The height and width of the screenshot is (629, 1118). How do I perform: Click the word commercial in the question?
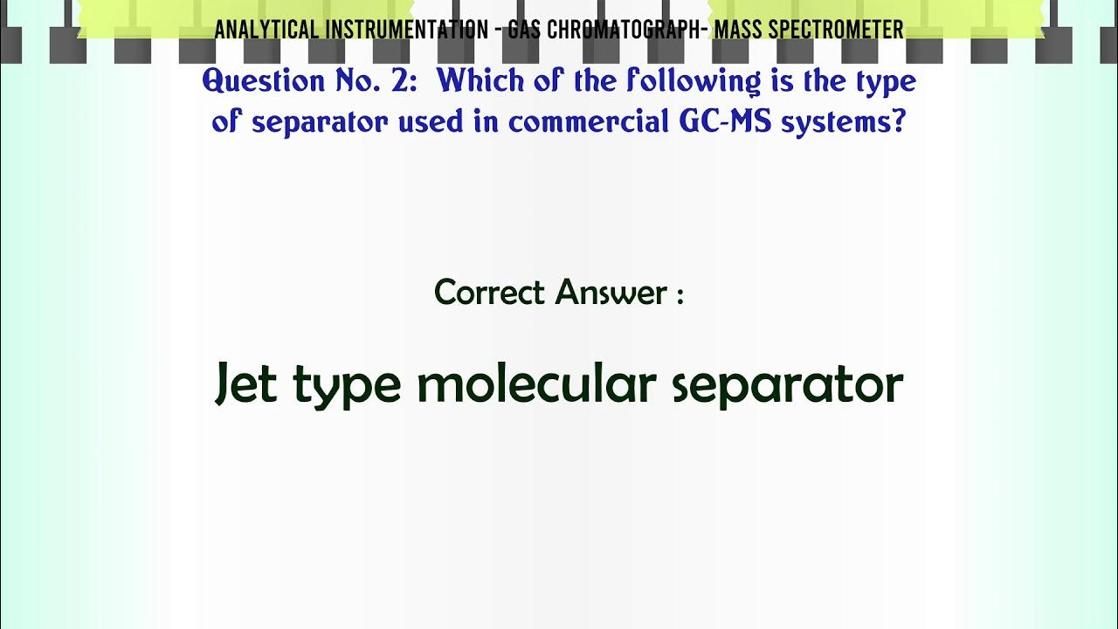tap(590, 122)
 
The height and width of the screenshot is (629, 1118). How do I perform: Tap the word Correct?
tap(490, 292)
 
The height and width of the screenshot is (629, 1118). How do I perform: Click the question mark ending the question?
tap(898, 122)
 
